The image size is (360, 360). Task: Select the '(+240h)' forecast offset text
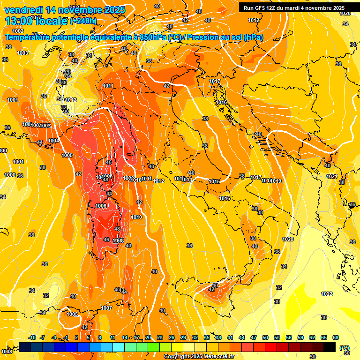[83, 21]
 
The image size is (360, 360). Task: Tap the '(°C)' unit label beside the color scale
[345, 348]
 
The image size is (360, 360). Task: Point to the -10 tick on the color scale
[32, 337]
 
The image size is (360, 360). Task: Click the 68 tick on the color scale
[336, 337]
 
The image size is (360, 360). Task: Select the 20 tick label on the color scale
[148, 337]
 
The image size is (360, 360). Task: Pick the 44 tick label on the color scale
[242, 337]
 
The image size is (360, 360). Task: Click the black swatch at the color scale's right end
[330, 347]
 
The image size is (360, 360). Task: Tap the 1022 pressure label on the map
[327, 294]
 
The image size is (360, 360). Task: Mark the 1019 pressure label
[276, 181]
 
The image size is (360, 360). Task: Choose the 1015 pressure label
[215, 181]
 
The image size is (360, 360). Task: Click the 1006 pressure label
[101, 206]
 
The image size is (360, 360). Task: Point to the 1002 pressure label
[18, 31]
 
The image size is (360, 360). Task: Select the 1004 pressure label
[53, 141]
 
